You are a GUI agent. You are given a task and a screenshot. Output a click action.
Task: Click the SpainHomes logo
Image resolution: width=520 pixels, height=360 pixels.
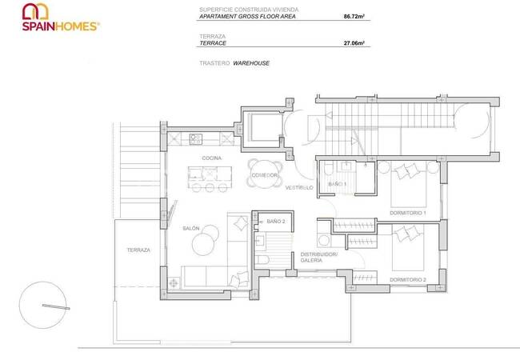coord(61,18)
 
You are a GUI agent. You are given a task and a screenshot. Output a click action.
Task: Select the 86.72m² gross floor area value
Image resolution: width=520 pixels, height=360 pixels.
coord(354,16)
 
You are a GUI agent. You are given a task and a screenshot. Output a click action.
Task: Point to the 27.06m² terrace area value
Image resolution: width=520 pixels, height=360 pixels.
coord(354,42)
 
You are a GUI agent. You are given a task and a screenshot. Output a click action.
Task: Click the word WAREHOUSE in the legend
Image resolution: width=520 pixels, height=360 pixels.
coord(251,63)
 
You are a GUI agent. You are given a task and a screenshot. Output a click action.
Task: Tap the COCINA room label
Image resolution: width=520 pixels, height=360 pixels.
coord(211,158)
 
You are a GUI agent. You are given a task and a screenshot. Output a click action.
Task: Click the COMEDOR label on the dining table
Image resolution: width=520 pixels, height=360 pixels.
coord(264,175)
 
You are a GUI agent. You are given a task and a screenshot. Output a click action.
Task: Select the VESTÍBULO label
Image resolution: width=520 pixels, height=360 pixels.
coord(299,188)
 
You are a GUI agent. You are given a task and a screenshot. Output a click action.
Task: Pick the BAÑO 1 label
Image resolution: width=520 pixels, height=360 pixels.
coord(338,184)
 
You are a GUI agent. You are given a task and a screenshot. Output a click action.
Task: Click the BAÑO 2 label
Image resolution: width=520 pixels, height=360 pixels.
coord(276,221)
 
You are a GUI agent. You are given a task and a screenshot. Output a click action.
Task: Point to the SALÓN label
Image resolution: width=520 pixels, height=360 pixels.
coord(191,228)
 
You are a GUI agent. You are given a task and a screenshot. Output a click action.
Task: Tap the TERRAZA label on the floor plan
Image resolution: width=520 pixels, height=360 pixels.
coord(138,250)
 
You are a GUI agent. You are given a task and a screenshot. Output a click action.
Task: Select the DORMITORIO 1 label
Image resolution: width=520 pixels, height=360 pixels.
coord(407,213)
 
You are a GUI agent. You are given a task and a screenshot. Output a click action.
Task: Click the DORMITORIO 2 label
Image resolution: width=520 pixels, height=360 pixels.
coord(408,280)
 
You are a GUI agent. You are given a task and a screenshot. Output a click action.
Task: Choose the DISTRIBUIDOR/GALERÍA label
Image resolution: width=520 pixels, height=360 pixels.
coord(319,258)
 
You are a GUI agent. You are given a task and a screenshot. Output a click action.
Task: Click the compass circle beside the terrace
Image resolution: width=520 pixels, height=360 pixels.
coord(42,305)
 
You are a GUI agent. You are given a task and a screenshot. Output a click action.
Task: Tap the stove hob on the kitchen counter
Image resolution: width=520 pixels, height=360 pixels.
coord(196,139)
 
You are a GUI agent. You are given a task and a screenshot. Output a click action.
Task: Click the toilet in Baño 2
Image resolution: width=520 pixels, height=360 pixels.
coord(262,260)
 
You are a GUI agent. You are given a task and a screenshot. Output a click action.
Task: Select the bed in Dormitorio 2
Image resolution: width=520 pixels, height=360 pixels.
coord(408,248)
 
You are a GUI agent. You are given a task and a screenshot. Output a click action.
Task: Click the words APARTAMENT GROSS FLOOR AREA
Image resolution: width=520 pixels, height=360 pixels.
coord(247,16)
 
